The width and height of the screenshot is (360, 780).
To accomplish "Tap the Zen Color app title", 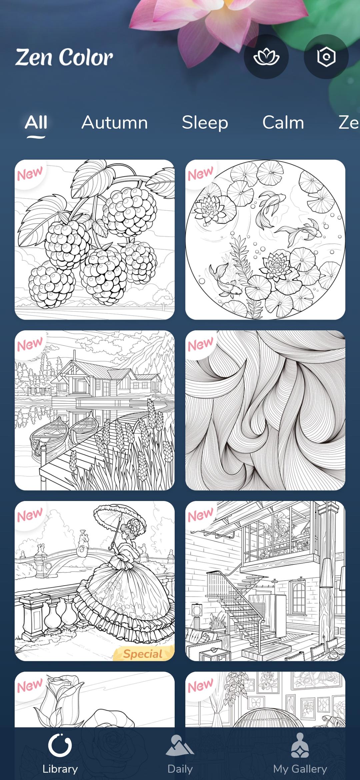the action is pyautogui.click(x=64, y=57).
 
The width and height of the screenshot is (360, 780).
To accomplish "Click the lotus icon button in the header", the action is pyautogui.click(x=266, y=57).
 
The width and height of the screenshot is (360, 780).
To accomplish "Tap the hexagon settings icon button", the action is pyautogui.click(x=326, y=57).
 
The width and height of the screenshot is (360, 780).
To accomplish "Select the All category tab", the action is pyautogui.click(x=36, y=122).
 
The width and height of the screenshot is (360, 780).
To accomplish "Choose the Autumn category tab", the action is pyautogui.click(x=115, y=122).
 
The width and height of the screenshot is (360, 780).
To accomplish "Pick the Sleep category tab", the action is pyautogui.click(x=205, y=123).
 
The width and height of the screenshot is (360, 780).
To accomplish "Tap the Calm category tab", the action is pyautogui.click(x=283, y=122).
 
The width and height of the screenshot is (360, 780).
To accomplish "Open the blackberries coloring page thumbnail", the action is pyautogui.click(x=95, y=240).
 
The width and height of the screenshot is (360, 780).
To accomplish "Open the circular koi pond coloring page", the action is pyautogui.click(x=265, y=240).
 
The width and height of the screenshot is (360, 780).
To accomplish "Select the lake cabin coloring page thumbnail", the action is pyautogui.click(x=95, y=410).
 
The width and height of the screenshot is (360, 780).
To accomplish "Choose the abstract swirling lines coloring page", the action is pyautogui.click(x=265, y=410).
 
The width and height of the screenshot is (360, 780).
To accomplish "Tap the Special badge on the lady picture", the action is pyautogui.click(x=143, y=654).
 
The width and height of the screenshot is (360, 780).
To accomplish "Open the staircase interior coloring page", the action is pyautogui.click(x=265, y=581).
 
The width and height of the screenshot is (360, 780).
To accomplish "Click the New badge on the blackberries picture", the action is pyautogui.click(x=30, y=174).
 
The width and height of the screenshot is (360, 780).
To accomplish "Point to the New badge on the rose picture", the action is pyautogui.click(x=30, y=686).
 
